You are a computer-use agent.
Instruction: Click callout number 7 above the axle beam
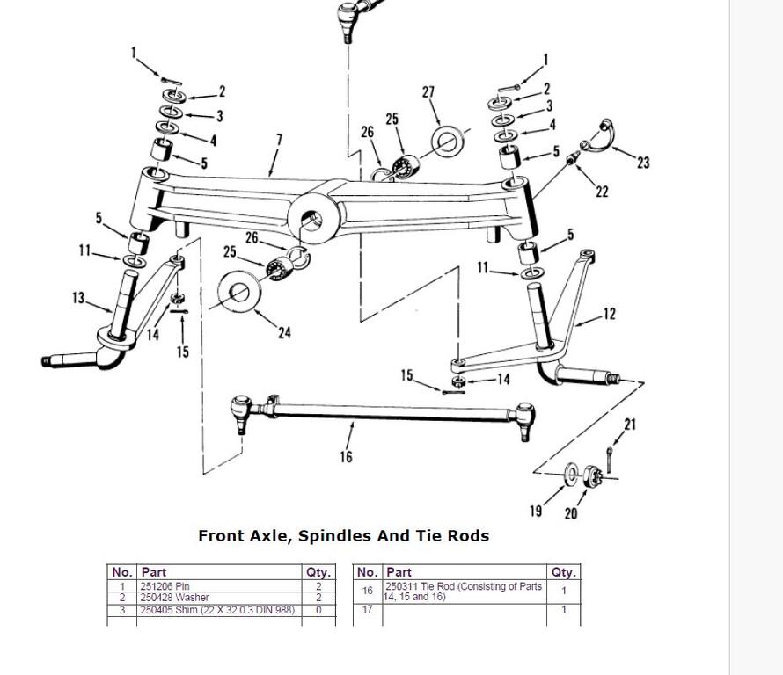[x=279, y=139]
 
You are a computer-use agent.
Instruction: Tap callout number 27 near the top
[x=428, y=92]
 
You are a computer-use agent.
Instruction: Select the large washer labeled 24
[x=239, y=293]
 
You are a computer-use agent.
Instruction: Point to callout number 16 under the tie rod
[x=346, y=456]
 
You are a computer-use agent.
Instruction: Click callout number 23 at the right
[x=643, y=163]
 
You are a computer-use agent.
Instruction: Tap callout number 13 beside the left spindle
[x=78, y=298]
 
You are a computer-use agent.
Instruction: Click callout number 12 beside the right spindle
[x=609, y=314]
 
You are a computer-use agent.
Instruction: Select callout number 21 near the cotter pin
[x=630, y=425]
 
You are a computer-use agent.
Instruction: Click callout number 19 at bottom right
[x=536, y=511]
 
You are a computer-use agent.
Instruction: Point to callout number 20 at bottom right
[x=570, y=513]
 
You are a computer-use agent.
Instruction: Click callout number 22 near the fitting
[x=602, y=191]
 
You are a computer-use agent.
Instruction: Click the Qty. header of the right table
[x=563, y=572]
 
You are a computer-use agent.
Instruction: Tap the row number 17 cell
[x=367, y=609]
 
